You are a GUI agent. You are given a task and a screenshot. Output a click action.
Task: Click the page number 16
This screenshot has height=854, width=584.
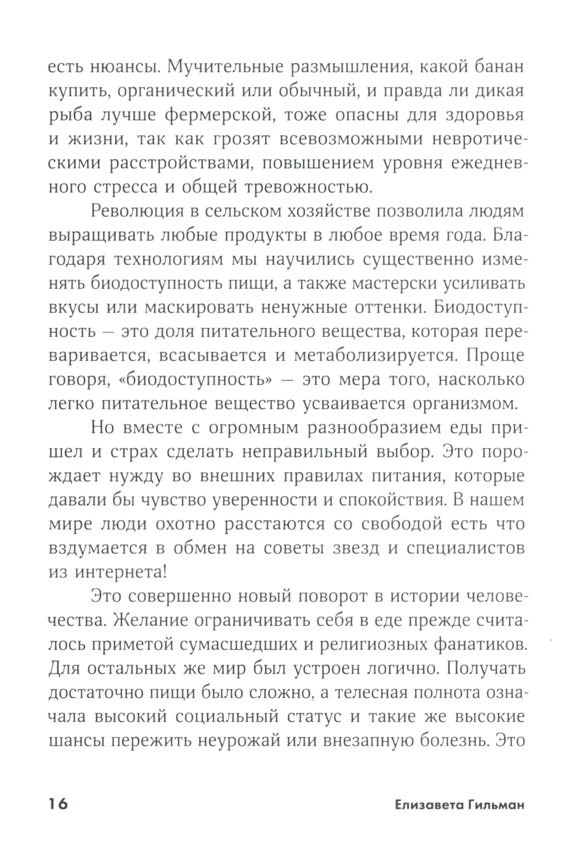58,804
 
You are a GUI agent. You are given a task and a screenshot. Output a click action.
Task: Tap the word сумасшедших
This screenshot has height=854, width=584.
244,644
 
